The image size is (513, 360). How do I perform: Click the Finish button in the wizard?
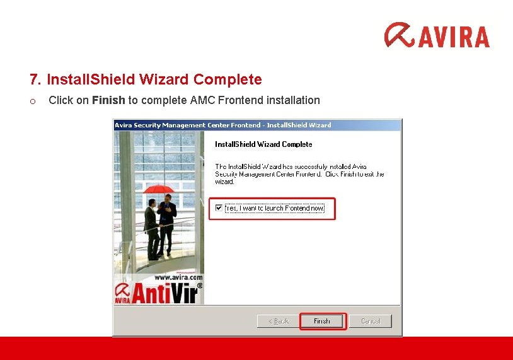[322, 321]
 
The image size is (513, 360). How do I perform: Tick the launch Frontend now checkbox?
[219, 207]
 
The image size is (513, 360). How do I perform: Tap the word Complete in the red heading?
[228, 80]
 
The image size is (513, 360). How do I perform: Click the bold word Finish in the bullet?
[108, 100]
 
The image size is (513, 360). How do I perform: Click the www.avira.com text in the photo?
[178, 277]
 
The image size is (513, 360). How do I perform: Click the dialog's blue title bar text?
[223, 125]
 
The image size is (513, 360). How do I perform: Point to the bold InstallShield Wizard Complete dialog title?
[263, 144]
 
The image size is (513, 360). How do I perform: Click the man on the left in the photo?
[151, 230]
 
